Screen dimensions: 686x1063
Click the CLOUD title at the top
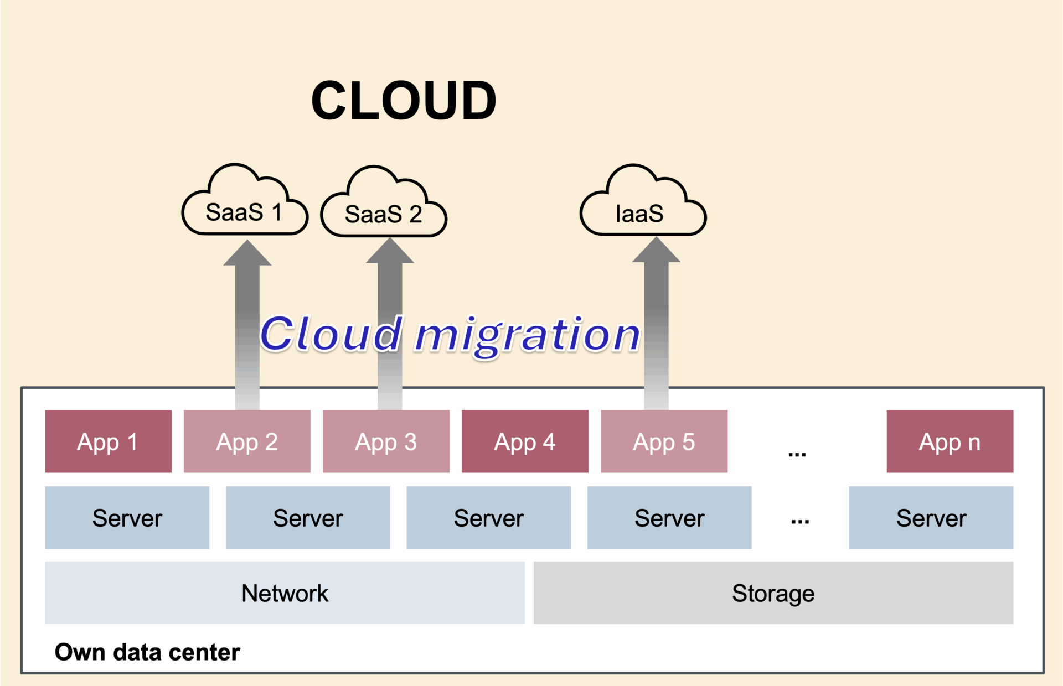point(404,101)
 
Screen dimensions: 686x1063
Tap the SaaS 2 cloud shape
point(384,213)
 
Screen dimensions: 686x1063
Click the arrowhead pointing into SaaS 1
point(247,254)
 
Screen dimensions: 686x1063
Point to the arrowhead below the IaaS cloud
point(656,251)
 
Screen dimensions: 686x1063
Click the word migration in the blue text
point(527,335)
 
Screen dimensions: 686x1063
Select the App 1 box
point(108,441)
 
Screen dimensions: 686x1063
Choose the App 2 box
point(247,441)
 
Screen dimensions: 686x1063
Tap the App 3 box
point(386,441)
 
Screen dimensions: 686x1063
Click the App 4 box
point(525,441)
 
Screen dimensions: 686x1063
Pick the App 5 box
point(664,441)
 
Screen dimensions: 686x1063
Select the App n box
point(950,441)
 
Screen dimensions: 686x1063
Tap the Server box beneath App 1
point(127,518)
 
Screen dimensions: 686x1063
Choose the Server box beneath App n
point(931,518)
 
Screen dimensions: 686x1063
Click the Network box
point(285,593)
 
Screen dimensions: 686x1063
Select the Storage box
point(773,593)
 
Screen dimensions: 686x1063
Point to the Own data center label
point(147,652)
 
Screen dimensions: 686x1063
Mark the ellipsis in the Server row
point(800,521)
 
